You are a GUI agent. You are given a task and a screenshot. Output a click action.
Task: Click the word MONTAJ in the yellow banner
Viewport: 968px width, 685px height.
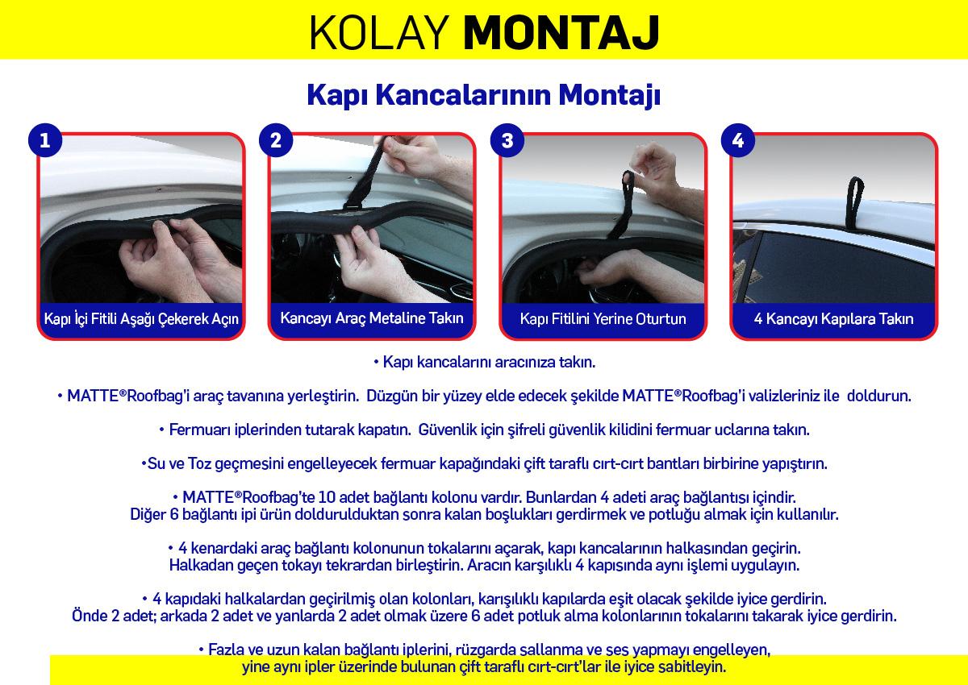(x=561, y=33)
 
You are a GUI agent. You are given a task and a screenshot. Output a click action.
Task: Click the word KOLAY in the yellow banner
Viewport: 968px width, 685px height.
(x=378, y=33)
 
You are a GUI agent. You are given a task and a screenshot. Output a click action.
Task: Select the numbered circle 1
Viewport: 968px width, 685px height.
(x=45, y=140)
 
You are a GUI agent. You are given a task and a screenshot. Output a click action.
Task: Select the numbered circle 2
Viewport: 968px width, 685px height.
(x=276, y=140)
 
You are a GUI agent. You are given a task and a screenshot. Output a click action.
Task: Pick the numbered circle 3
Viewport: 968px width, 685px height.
(x=507, y=140)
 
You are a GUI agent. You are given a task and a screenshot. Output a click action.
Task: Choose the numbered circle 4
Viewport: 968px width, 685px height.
(x=738, y=140)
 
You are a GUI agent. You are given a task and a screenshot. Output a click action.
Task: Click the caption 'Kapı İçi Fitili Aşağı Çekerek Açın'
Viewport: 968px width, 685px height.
(x=141, y=319)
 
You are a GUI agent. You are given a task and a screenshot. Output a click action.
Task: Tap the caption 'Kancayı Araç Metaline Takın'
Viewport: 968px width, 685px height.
(x=372, y=318)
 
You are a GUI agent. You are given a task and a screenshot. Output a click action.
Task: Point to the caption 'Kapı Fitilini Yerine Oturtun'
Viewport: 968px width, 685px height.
(x=603, y=318)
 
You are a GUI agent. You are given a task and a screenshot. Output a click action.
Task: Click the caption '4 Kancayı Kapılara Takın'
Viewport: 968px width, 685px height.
(x=833, y=318)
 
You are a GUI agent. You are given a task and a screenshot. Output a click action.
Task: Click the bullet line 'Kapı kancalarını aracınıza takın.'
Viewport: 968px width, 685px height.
(x=485, y=362)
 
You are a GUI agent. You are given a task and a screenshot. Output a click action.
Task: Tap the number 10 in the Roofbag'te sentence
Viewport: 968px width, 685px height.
(x=326, y=497)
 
